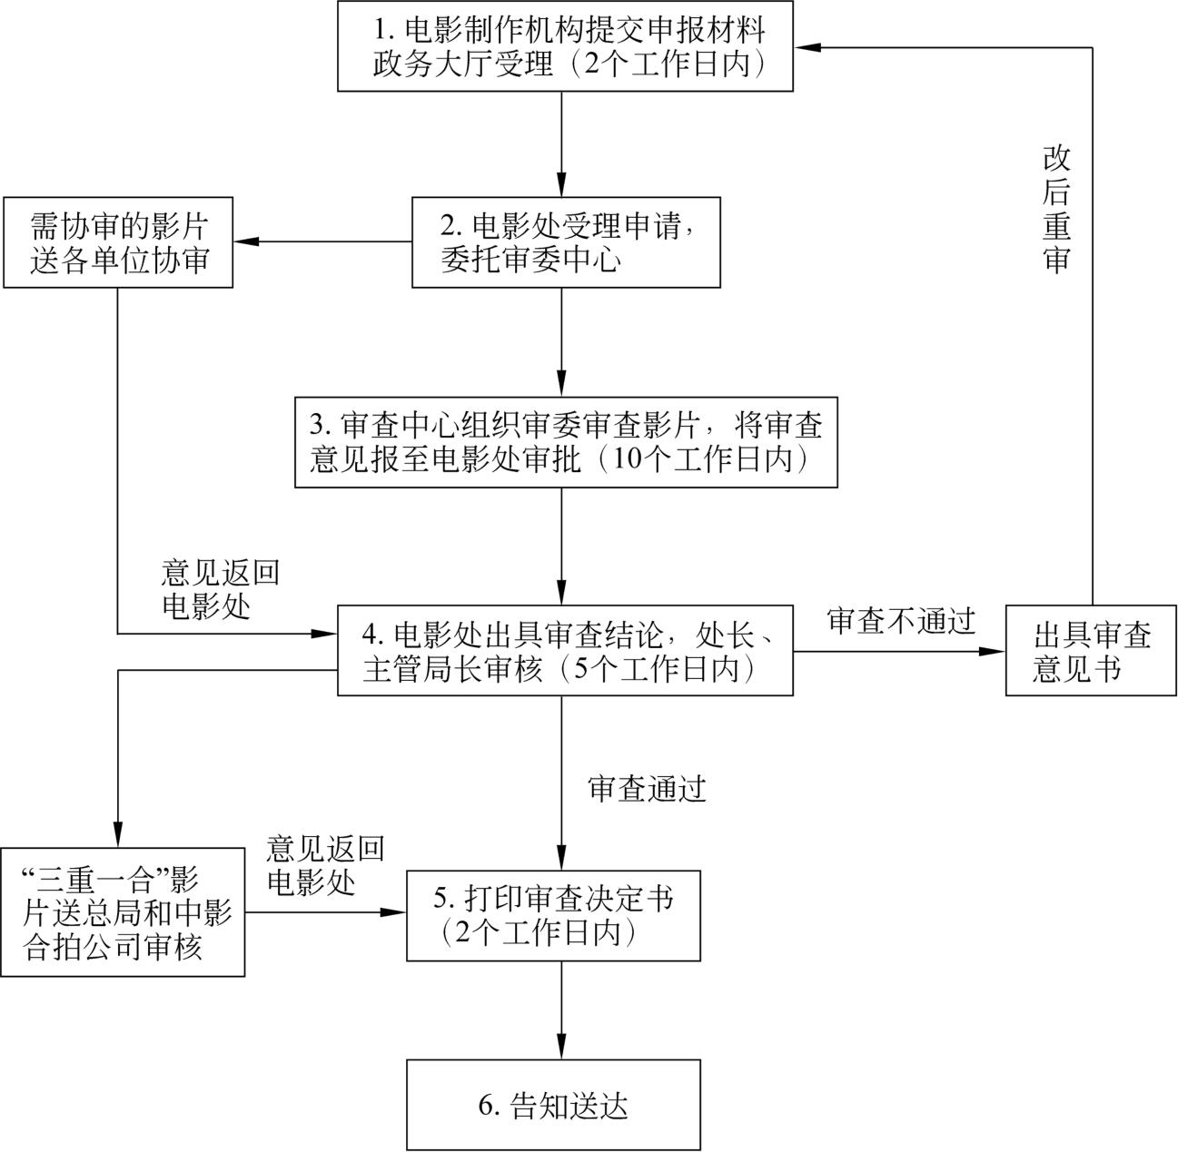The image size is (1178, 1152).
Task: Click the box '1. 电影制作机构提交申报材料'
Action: [x=565, y=45]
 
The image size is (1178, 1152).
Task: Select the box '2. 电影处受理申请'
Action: [x=565, y=242]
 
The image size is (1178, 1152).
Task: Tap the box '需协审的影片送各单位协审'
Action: [x=118, y=242]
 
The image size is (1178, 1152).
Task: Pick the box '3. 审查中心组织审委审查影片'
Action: [x=565, y=441]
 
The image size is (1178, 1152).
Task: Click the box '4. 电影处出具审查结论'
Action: [x=565, y=650]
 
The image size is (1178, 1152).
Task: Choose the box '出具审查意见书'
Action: [x=1090, y=650]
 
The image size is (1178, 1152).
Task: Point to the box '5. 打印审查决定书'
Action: [x=553, y=915]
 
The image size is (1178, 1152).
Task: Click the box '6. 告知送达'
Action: [x=553, y=1105]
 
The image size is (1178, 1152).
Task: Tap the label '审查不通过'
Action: [x=901, y=621]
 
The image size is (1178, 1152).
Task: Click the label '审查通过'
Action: [x=647, y=788]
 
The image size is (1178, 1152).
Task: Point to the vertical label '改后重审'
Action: [x=1055, y=209]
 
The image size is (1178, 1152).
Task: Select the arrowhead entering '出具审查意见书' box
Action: [x=995, y=650]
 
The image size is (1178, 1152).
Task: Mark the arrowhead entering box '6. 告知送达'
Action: [x=560, y=1049]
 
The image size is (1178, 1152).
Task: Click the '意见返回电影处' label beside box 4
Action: [x=219, y=589]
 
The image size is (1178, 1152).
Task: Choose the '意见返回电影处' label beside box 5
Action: [x=324, y=865]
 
